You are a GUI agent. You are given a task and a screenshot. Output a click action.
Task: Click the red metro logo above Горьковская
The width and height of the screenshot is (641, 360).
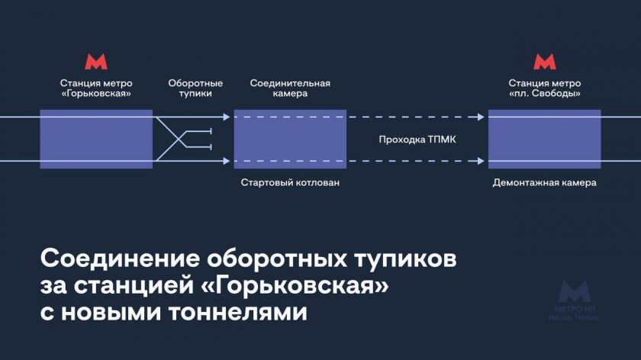(96, 63)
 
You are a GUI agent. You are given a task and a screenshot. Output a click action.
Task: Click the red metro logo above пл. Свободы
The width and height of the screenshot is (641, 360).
(544, 63)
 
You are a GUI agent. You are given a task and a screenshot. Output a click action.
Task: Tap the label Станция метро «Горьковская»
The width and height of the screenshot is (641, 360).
(96, 88)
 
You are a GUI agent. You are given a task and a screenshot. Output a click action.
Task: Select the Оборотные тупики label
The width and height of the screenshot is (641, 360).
(195, 88)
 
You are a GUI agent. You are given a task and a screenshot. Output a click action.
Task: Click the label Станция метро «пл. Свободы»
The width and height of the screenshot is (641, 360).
(544, 88)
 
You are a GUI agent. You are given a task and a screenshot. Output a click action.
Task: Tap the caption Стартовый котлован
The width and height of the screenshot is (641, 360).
(290, 183)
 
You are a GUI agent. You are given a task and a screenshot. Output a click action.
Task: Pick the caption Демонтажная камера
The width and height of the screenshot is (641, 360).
(544, 183)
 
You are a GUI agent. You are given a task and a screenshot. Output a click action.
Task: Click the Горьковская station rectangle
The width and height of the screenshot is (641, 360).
(96, 139)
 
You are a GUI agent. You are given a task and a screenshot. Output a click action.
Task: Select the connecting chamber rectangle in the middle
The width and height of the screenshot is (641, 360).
(290, 139)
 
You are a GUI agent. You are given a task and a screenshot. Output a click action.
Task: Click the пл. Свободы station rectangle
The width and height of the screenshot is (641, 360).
(544, 139)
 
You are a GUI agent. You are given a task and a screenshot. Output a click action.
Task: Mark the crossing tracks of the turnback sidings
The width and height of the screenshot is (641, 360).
(180, 139)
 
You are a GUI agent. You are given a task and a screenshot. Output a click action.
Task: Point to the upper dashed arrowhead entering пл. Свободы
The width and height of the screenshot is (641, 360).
(480, 117)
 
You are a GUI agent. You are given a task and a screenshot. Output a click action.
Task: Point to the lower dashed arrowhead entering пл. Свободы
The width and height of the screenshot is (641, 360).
(480, 161)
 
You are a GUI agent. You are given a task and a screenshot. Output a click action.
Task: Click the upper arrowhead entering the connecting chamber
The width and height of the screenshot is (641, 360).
(226, 117)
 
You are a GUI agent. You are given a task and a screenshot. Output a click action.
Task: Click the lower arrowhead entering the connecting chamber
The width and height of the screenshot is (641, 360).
(226, 161)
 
